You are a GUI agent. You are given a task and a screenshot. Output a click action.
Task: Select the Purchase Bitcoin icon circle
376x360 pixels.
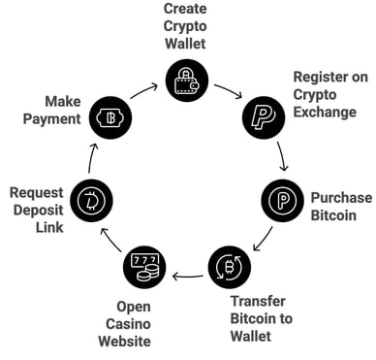[x=283, y=200]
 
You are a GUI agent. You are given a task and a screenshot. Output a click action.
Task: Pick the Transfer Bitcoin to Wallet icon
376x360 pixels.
[x=230, y=265]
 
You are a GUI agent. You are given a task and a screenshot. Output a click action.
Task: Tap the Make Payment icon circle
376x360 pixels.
[x=112, y=119]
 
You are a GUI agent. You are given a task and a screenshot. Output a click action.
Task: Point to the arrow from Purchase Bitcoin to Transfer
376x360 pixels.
[x=261, y=239]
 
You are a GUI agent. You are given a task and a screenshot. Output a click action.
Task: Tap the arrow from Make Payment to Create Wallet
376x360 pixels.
[x=143, y=92]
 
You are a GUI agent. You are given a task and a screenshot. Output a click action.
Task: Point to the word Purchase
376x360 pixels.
[x=333, y=197]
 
